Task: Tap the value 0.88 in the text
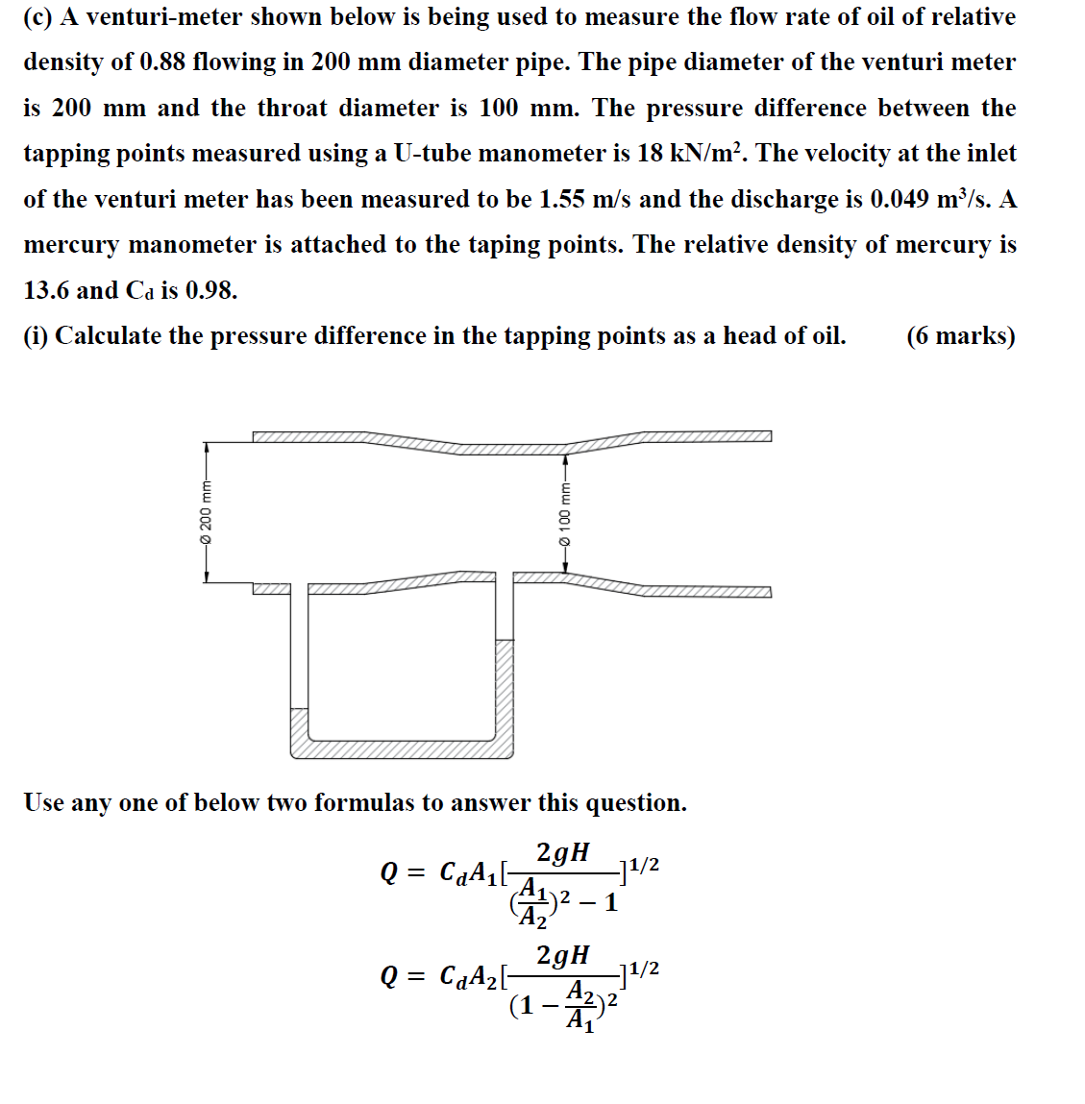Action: [x=162, y=62]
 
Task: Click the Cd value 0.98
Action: [x=210, y=290]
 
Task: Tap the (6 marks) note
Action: [x=960, y=336]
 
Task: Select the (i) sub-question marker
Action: [x=37, y=336]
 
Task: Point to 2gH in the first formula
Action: [x=563, y=853]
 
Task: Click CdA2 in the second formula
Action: [x=467, y=976]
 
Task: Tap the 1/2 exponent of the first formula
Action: [x=642, y=865]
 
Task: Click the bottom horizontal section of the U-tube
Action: [x=402, y=749]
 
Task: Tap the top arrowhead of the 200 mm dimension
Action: [x=206, y=447]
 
